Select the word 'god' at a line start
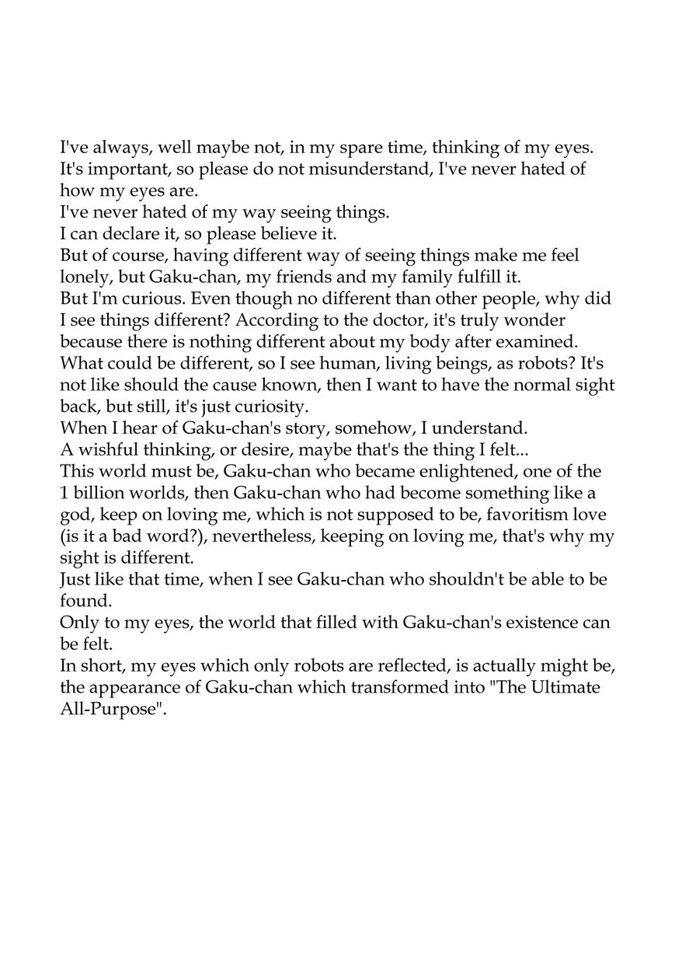(x=75, y=536)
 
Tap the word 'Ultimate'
(x=578, y=709)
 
